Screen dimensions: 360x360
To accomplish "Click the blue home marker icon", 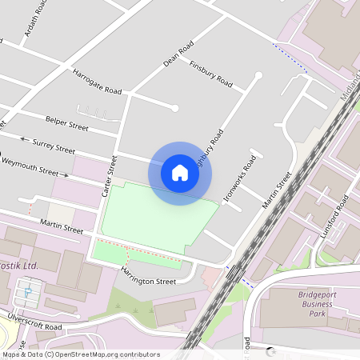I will point(180,173).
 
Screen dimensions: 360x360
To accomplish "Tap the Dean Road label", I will point(178,54).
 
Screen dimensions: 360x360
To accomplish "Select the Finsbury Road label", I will point(211,74).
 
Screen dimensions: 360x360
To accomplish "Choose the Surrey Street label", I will point(54,146).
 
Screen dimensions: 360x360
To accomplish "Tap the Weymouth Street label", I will point(30,166).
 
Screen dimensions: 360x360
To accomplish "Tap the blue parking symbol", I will point(27,292).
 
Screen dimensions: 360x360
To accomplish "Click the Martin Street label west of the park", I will point(62,226).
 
